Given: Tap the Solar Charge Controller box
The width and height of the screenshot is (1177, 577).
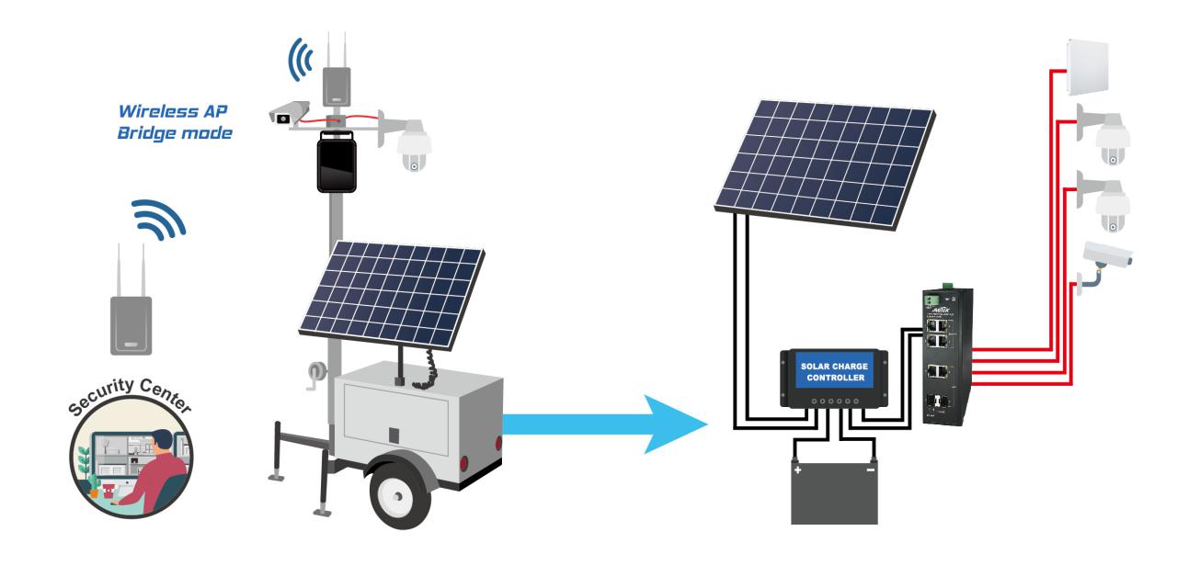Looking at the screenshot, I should [832, 378].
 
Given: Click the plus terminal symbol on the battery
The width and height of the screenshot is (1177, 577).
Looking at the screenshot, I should [797, 470].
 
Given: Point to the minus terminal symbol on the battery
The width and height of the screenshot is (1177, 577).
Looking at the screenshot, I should [870, 470].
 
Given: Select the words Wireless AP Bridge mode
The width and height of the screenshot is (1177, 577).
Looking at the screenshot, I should [175, 122].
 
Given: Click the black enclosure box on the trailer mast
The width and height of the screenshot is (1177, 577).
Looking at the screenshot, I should [337, 163].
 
